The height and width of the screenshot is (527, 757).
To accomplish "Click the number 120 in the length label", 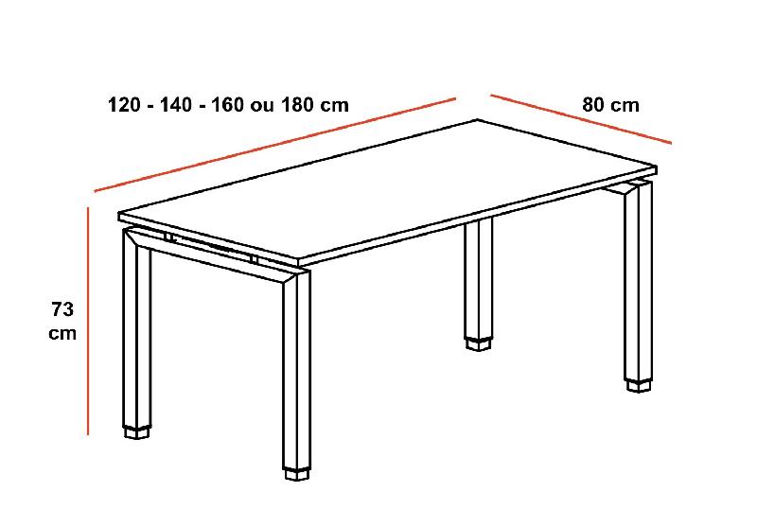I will tap(126, 105).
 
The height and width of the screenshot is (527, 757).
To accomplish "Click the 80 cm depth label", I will tap(610, 105).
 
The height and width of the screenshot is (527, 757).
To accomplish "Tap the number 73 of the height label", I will tap(62, 308).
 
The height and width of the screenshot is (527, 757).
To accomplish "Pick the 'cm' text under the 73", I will tap(62, 333).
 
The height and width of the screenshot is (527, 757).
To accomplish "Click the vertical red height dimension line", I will tap(88, 322).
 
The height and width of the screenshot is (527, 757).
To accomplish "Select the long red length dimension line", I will tap(274, 144).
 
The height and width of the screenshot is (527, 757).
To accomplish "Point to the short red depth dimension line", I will tap(580, 119).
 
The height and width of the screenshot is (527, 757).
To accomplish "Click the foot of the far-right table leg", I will tap(639, 383).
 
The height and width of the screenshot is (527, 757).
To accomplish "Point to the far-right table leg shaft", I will tap(639, 284).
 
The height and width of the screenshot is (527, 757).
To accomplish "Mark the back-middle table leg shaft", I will tap(481, 279).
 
